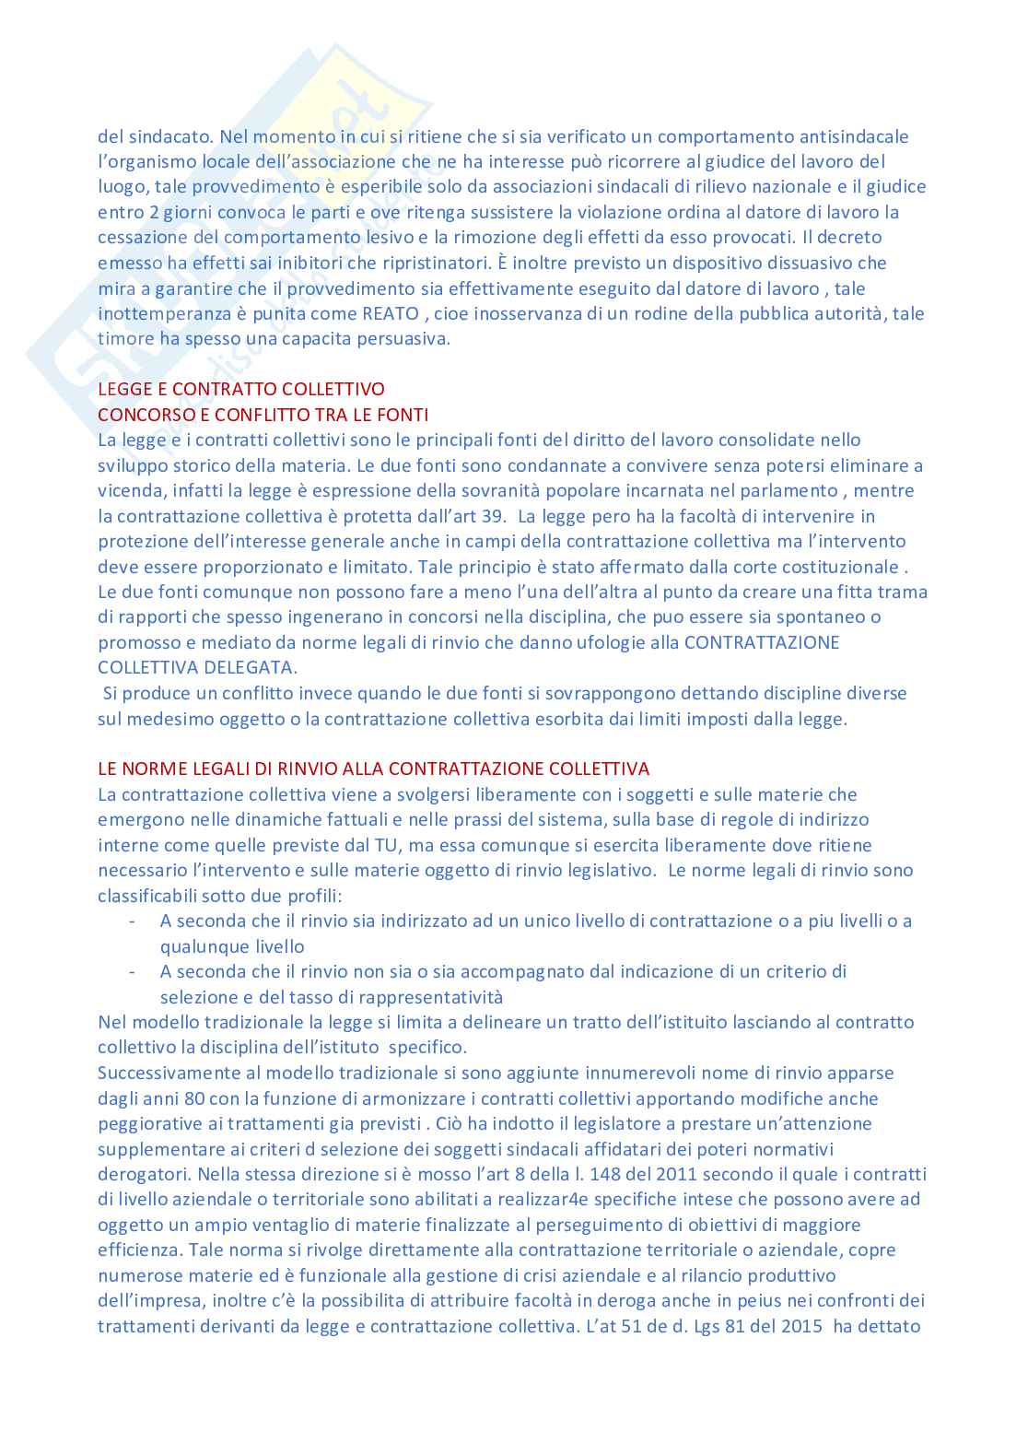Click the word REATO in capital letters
click(x=391, y=313)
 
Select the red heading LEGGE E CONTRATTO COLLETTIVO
click(x=241, y=389)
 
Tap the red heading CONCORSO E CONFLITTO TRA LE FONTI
click(x=263, y=415)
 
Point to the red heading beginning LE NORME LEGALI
click(x=373, y=769)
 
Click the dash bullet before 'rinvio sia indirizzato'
click(x=134, y=921)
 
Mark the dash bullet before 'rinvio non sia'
click(x=134, y=971)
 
